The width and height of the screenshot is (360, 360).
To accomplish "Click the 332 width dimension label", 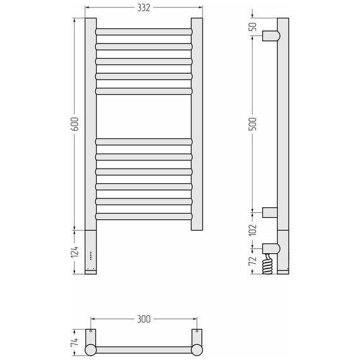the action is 144,8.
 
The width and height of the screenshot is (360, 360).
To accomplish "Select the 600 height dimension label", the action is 75,124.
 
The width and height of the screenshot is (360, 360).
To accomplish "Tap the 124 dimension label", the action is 75,251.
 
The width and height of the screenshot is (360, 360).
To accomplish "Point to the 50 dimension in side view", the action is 253,27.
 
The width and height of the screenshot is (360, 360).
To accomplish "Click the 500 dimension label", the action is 253,124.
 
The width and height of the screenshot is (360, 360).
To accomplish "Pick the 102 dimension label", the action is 253,230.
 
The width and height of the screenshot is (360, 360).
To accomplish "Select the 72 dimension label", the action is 253,261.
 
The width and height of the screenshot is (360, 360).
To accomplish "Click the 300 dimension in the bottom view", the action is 144,319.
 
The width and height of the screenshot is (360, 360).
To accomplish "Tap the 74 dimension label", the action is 75,342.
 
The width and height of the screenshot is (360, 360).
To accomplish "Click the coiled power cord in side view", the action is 268,264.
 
